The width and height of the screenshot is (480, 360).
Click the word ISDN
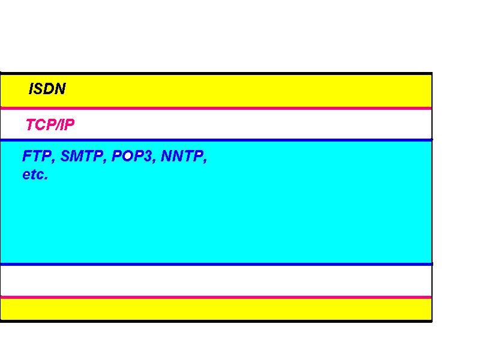(x=47, y=89)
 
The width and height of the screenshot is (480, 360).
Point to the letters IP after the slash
(x=67, y=125)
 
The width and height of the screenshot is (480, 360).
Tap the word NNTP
(x=182, y=157)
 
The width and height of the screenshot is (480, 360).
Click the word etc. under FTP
(x=35, y=175)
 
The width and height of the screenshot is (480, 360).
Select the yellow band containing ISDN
(x=240, y=91)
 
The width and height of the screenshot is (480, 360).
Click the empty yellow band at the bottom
(x=216, y=309)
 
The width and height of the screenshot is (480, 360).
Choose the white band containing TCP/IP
(x=240, y=124)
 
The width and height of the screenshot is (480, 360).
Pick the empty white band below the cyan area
(x=216, y=280)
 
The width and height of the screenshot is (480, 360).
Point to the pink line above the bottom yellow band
(x=216, y=297)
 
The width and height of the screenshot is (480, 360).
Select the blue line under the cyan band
(x=216, y=264)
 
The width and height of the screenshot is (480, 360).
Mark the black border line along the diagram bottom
(x=216, y=321)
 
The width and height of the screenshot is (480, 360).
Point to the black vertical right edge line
(x=432, y=198)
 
